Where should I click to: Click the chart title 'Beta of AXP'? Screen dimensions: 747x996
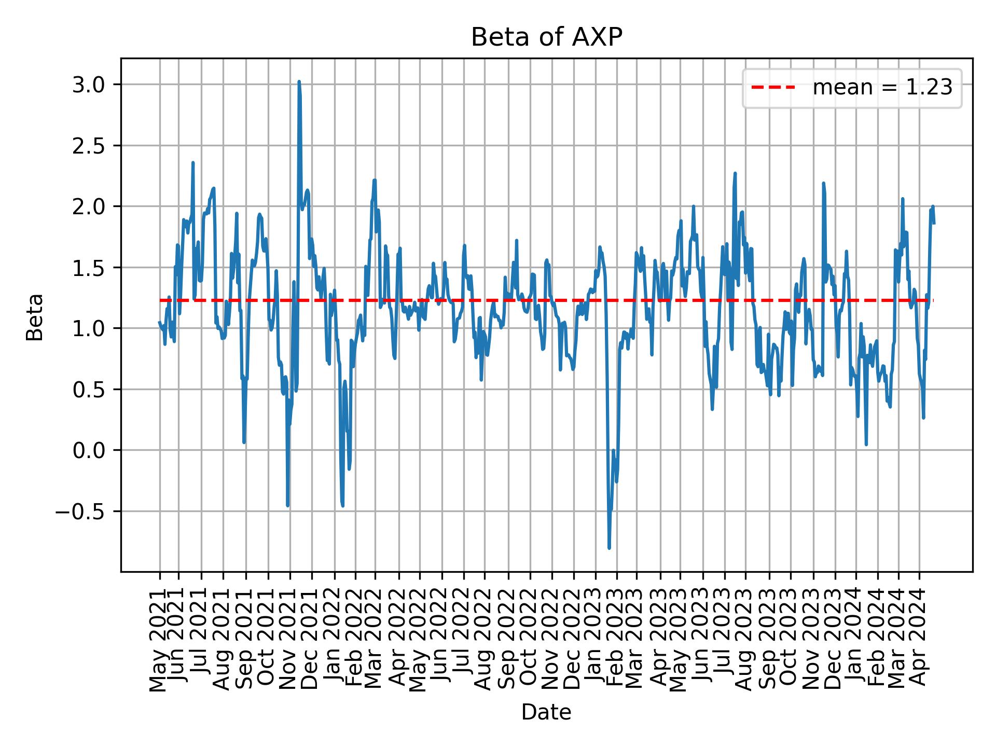click(546, 37)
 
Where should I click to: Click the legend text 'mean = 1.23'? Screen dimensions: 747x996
click(882, 88)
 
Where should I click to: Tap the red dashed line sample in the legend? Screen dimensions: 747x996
click(773, 88)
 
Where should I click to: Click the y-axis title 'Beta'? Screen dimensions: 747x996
click(35, 317)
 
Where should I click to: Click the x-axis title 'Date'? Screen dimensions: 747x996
click(546, 713)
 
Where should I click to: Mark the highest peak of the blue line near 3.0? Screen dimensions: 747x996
click(299, 82)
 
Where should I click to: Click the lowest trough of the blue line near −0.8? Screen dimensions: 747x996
click(609, 548)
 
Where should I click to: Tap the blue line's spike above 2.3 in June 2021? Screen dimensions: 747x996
click(193, 163)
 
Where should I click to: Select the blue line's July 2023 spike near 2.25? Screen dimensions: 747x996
click(735, 174)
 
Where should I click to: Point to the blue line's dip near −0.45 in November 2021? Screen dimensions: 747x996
click(287, 505)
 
